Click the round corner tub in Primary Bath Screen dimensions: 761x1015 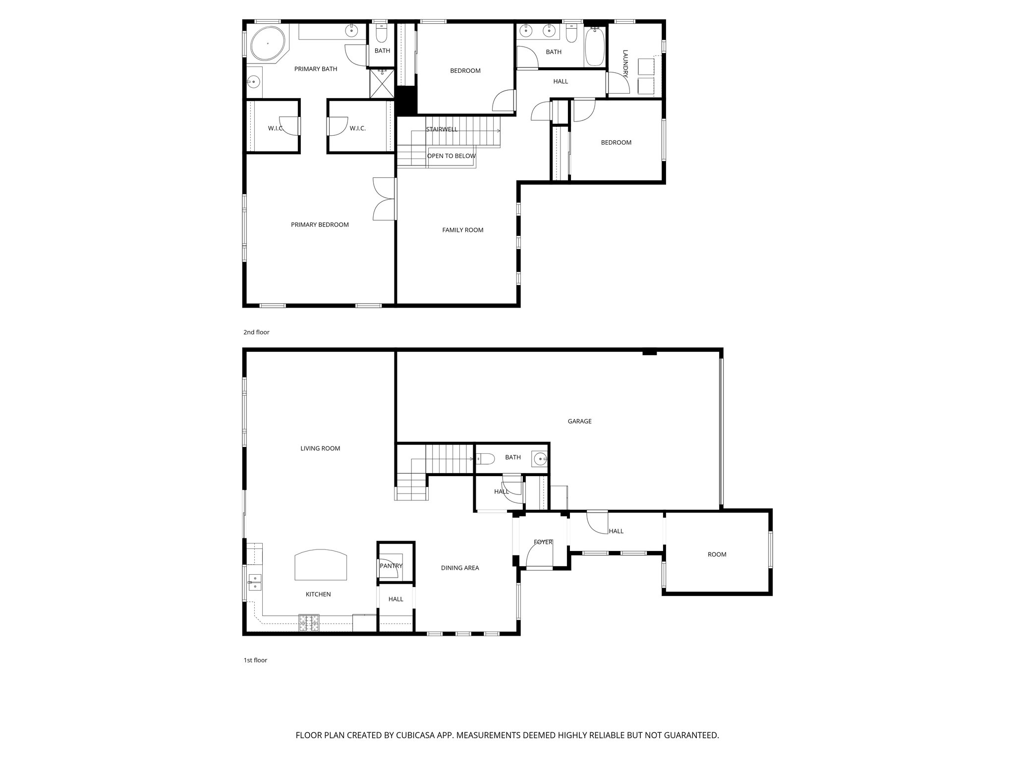[268, 43]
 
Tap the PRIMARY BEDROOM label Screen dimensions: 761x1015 [320, 225]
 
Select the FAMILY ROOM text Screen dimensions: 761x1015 [462, 230]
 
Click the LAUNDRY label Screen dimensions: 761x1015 [625, 63]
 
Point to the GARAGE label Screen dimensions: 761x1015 [579, 422]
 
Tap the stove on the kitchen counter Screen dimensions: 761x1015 [308, 622]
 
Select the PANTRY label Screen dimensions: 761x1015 [391, 566]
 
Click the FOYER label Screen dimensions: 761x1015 [543, 542]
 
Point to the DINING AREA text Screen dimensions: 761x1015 [460, 568]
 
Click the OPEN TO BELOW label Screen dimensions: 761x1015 [451, 156]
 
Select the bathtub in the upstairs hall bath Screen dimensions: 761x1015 [595, 48]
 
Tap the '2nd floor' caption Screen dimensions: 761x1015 [256, 332]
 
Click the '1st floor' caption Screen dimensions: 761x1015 [255, 660]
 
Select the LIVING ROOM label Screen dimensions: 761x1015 [320, 449]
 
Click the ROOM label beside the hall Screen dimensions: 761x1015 [717, 554]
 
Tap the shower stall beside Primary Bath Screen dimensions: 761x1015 [382, 84]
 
